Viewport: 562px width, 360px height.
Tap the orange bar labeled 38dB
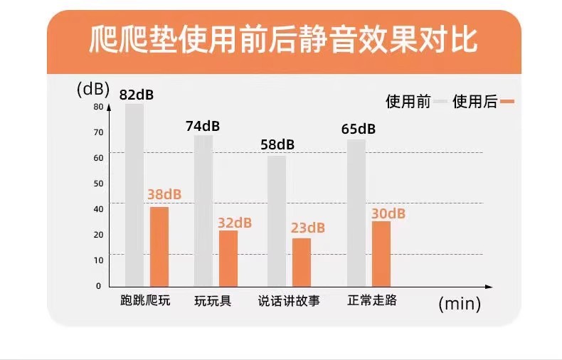point(159,246)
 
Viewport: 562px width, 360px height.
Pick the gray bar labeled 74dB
point(203,210)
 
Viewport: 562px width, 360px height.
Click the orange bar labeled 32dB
point(228,258)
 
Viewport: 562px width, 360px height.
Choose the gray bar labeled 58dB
point(276,221)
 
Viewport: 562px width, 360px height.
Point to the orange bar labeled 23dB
point(301,262)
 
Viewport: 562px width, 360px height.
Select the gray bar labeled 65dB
point(356,212)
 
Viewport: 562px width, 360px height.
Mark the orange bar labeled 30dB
point(381,253)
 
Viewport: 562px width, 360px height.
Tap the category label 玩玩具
point(213,300)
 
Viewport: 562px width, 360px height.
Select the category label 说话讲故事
point(289,300)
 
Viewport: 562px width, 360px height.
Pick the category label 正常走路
point(372,300)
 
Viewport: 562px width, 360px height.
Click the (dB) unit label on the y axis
point(92,89)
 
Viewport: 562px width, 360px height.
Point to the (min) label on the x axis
point(460,305)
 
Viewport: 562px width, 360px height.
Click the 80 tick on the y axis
point(98,107)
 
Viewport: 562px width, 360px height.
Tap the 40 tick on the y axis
point(98,208)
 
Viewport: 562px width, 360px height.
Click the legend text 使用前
point(408,102)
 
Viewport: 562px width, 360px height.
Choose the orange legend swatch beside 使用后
point(507,102)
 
